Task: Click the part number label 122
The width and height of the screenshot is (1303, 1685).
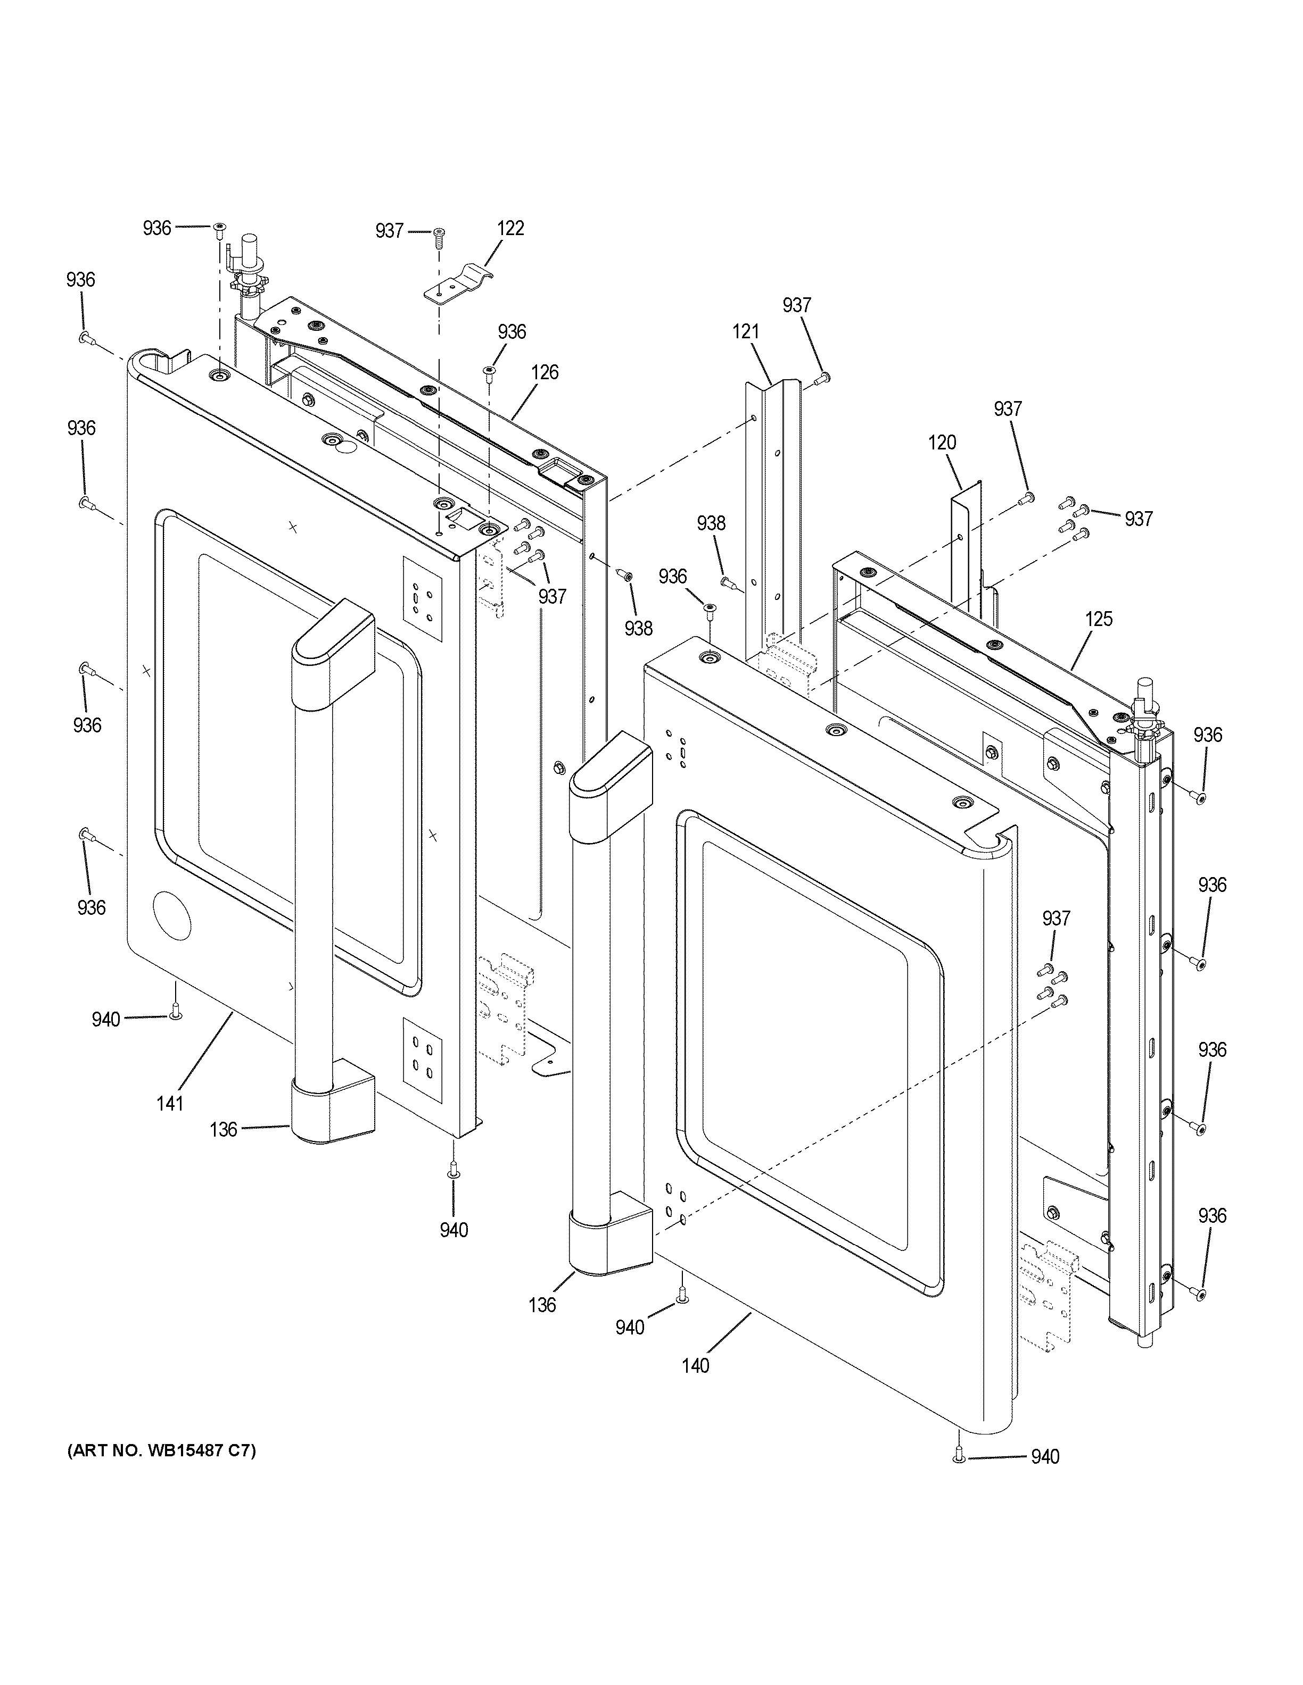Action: tap(510, 228)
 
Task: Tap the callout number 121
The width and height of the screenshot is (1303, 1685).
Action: tap(746, 332)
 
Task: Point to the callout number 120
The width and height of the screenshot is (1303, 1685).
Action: tap(942, 443)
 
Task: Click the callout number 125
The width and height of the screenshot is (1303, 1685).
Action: tap(1099, 619)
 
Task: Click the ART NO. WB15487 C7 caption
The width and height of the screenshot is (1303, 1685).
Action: tap(161, 1451)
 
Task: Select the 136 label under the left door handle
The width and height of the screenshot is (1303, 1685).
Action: tap(223, 1130)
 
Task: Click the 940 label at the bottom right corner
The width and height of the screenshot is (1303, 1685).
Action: tap(1045, 1457)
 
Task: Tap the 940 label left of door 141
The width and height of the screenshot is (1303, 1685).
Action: tap(106, 1020)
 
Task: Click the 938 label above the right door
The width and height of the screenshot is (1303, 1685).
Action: tap(711, 524)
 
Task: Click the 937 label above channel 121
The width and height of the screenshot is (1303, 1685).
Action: tap(797, 305)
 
